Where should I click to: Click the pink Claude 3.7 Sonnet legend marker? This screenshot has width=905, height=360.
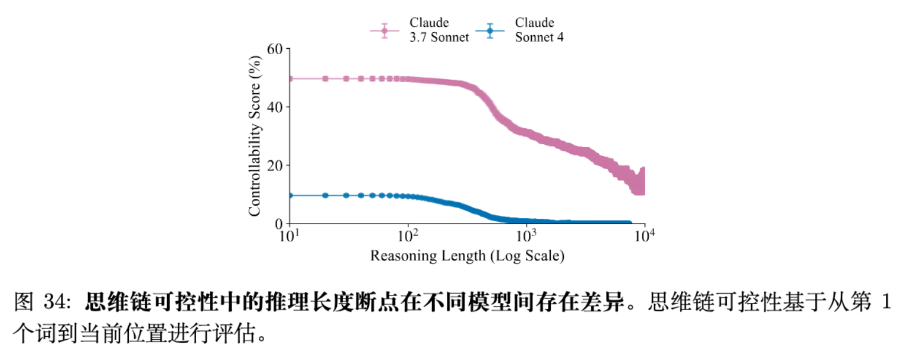click(x=385, y=30)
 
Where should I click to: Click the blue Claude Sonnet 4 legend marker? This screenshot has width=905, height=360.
click(x=490, y=30)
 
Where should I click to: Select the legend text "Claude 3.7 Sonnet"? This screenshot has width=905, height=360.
click(x=439, y=30)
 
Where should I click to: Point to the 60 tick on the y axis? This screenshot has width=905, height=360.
click(x=274, y=49)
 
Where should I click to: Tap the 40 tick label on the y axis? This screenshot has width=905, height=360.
click(x=274, y=107)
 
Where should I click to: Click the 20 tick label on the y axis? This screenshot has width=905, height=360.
click(x=274, y=166)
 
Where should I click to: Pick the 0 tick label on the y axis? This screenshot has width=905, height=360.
click(x=278, y=224)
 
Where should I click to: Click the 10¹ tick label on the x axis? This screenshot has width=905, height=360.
click(x=290, y=236)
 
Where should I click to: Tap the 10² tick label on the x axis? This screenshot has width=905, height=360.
click(x=408, y=236)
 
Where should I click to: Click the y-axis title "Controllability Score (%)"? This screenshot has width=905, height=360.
click(x=255, y=136)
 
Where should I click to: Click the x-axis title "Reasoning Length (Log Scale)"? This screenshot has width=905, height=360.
click(x=467, y=256)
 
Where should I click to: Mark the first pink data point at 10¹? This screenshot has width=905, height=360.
click(x=290, y=79)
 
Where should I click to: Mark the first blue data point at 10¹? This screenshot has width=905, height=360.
click(x=290, y=195)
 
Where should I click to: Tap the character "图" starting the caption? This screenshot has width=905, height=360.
click(x=23, y=303)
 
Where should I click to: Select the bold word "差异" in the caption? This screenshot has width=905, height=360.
click(x=606, y=303)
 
